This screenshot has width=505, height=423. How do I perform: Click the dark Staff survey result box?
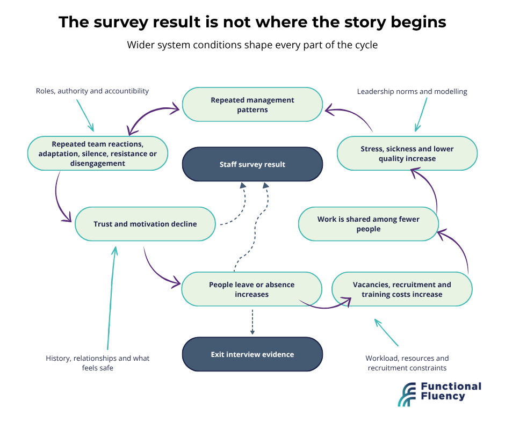click(x=252, y=164)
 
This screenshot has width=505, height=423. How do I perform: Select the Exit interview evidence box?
click(x=252, y=354)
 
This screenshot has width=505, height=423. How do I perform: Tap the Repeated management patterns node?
click(x=252, y=105)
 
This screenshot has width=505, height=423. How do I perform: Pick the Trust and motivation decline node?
click(x=145, y=224)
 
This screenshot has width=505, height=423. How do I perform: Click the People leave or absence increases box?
click(x=251, y=289)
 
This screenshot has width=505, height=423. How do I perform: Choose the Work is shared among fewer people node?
click(x=369, y=224)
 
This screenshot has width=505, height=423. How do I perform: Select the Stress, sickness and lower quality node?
click(x=407, y=153)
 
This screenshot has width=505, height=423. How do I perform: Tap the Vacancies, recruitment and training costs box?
click(x=402, y=289)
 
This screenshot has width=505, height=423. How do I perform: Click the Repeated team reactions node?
click(x=98, y=153)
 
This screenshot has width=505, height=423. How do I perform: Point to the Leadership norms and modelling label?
click(x=412, y=91)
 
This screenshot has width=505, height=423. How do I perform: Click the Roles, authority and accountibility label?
click(x=92, y=91)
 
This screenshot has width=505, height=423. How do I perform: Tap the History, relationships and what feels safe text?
click(x=98, y=363)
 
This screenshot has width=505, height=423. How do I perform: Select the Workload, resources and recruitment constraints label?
click(x=407, y=363)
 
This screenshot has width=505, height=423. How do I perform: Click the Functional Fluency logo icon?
click(x=407, y=395)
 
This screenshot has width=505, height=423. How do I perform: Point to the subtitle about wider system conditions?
click(x=252, y=45)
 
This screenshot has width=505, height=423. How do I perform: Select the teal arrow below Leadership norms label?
click(x=421, y=114)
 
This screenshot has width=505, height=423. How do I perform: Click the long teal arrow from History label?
click(x=111, y=298)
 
